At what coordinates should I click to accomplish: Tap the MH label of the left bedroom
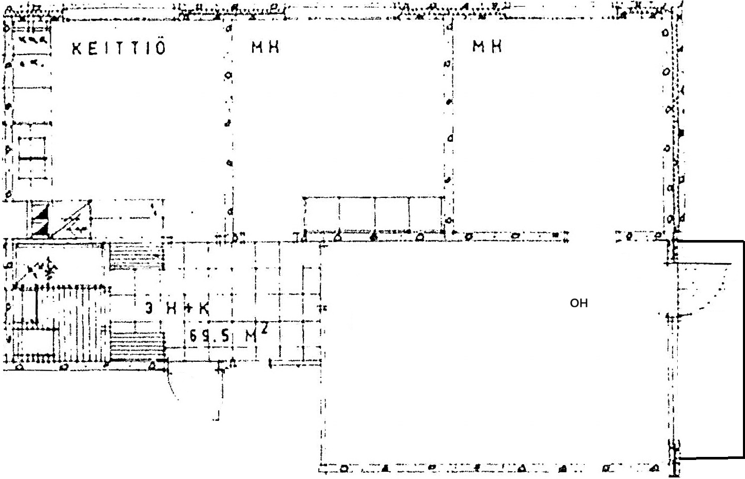[265, 47]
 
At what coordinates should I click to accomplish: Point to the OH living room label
[579, 303]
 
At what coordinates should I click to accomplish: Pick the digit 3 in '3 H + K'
[149, 308]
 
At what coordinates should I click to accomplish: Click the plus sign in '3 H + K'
[189, 308]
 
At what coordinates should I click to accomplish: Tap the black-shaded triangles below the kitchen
[41, 221]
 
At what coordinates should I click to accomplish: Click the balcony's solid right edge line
[743, 349]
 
